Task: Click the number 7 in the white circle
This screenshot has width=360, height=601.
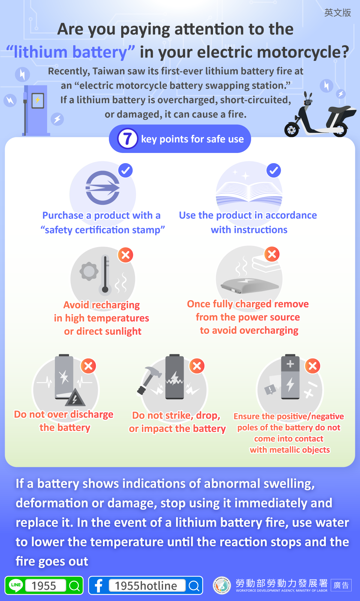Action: [127, 139]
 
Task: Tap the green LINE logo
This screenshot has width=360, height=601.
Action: [16, 585]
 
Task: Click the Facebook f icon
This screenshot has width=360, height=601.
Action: [98, 585]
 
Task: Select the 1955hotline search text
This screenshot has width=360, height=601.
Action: [146, 585]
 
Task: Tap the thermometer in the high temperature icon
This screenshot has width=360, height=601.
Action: [105, 274]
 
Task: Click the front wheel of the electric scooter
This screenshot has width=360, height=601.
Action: [292, 130]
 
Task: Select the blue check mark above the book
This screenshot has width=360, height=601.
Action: [274, 171]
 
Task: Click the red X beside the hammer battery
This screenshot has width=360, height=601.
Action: [197, 366]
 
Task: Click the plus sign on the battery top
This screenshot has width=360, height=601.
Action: [290, 364]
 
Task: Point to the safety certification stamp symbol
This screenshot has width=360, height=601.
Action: [103, 188]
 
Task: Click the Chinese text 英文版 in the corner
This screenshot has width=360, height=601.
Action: [337, 13]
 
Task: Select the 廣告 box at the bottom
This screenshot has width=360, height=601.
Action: [341, 585]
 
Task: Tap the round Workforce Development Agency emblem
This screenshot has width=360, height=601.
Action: [222, 585]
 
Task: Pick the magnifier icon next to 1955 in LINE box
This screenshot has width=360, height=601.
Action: [74, 585]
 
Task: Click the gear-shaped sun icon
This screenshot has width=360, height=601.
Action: [89, 271]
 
